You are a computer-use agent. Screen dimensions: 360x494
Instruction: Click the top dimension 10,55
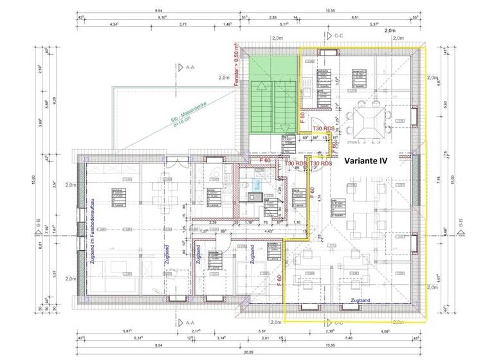pyautogui.click(x=330, y=11)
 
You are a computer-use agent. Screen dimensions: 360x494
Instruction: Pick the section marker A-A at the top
pyautogui.click(x=188, y=66)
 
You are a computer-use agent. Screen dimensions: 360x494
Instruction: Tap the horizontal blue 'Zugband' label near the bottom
pyautogui.click(x=360, y=300)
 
